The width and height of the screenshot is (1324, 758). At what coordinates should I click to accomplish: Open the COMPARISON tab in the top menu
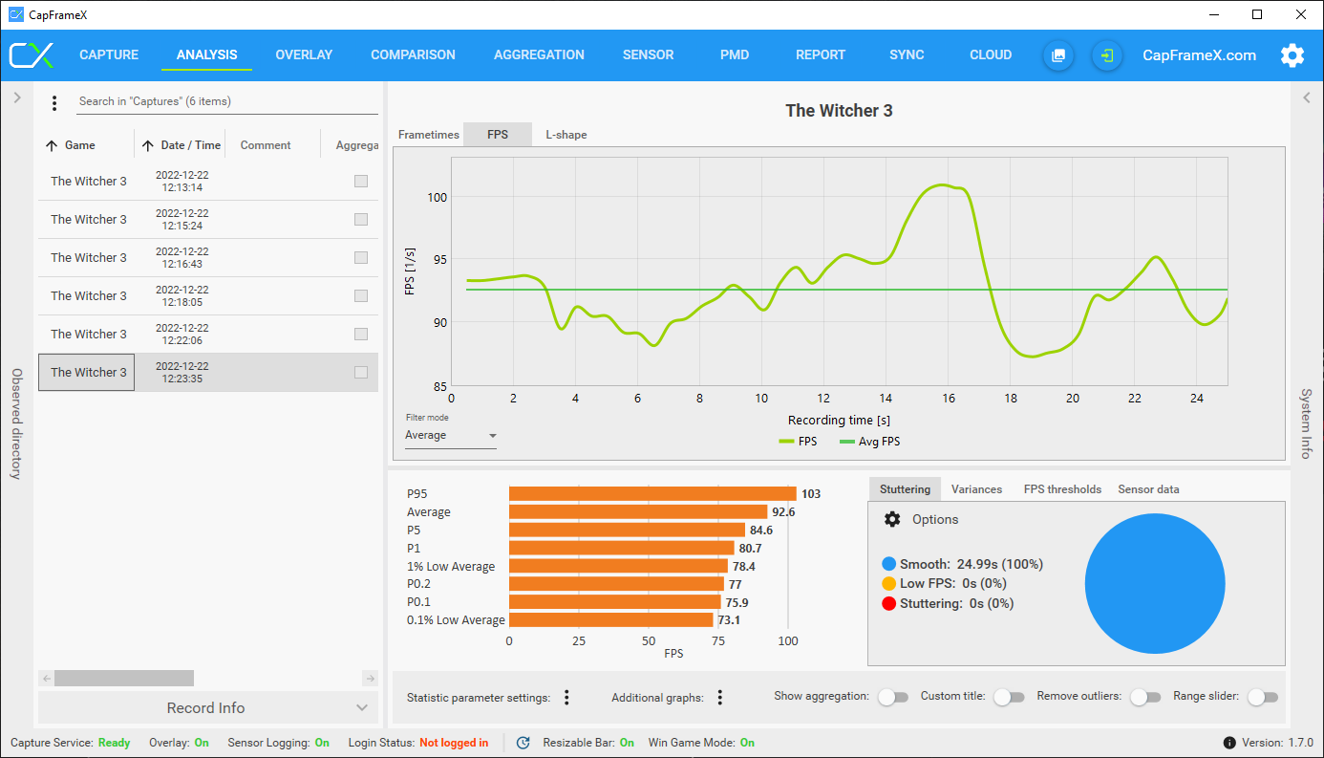413,55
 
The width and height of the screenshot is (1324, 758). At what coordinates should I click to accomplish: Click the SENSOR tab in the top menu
648,55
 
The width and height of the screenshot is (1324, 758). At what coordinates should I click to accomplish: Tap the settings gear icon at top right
1292,55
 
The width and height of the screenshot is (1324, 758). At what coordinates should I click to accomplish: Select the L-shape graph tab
566,135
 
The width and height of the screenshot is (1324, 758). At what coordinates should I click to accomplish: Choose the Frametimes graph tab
428,135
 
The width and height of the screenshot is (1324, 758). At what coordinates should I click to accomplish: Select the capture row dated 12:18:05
182,296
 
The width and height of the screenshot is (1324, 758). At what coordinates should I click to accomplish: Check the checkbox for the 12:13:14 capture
361,182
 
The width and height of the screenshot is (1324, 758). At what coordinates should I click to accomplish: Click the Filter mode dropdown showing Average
450,436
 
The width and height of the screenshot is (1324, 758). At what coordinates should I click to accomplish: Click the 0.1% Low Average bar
610,620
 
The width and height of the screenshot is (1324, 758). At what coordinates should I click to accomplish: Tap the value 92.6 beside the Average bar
783,512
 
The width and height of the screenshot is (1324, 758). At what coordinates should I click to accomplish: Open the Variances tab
976,489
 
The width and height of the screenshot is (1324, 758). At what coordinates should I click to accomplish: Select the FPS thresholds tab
1062,489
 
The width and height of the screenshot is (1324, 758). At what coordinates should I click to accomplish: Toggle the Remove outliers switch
1144,697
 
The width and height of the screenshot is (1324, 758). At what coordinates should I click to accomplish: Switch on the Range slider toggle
1262,697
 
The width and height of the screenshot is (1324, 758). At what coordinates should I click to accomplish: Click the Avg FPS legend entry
869,442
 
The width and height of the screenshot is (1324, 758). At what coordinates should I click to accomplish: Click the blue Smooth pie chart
1154,584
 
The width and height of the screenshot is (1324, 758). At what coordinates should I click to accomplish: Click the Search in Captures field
227,101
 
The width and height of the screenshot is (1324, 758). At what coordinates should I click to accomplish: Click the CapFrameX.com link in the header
1199,55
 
